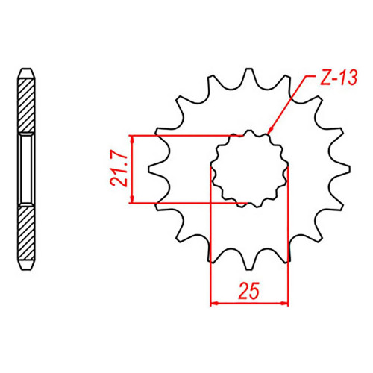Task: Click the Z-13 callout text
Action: (339, 78)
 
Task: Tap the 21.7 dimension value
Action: (119, 170)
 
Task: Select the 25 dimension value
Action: (248, 290)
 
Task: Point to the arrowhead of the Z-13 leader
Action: (270, 131)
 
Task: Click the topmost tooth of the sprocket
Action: (249, 75)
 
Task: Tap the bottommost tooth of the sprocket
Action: (249, 263)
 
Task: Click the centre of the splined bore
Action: (249, 169)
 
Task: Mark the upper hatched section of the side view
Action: (26, 105)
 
